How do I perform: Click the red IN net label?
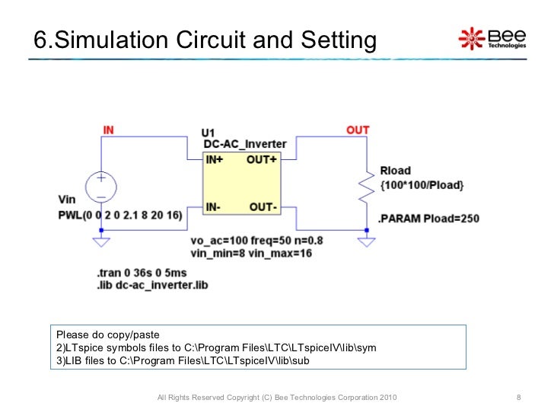pyautogui.click(x=108, y=130)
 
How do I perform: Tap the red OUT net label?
pyautogui.click(x=357, y=130)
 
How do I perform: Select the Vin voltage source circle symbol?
pyautogui.click(x=100, y=186)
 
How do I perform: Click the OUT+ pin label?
pyautogui.click(x=262, y=160)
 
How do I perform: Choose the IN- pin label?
pyautogui.click(x=215, y=206)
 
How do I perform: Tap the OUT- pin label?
pyautogui.click(x=263, y=206)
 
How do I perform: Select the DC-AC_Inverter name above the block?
pyautogui.click(x=245, y=144)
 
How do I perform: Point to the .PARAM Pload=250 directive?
pyautogui.click(x=429, y=219)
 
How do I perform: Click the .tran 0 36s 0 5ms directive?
pyautogui.click(x=142, y=273)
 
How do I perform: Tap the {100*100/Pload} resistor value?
pyautogui.click(x=421, y=185)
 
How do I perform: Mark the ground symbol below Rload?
pyautogui.click(x=367, y=242)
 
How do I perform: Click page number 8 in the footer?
pyautogui.click(x=518, y=398)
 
